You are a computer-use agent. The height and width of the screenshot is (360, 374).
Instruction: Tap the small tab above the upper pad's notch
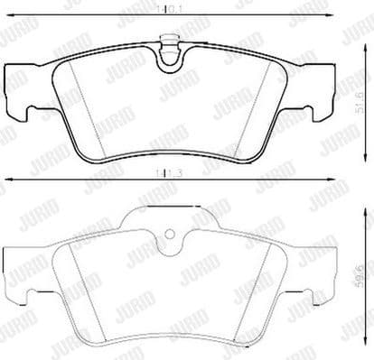pyautogui.click(x=169, y=40)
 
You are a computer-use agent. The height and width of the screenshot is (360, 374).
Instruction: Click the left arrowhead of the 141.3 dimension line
pyautogui.click(x=5, y=181)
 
